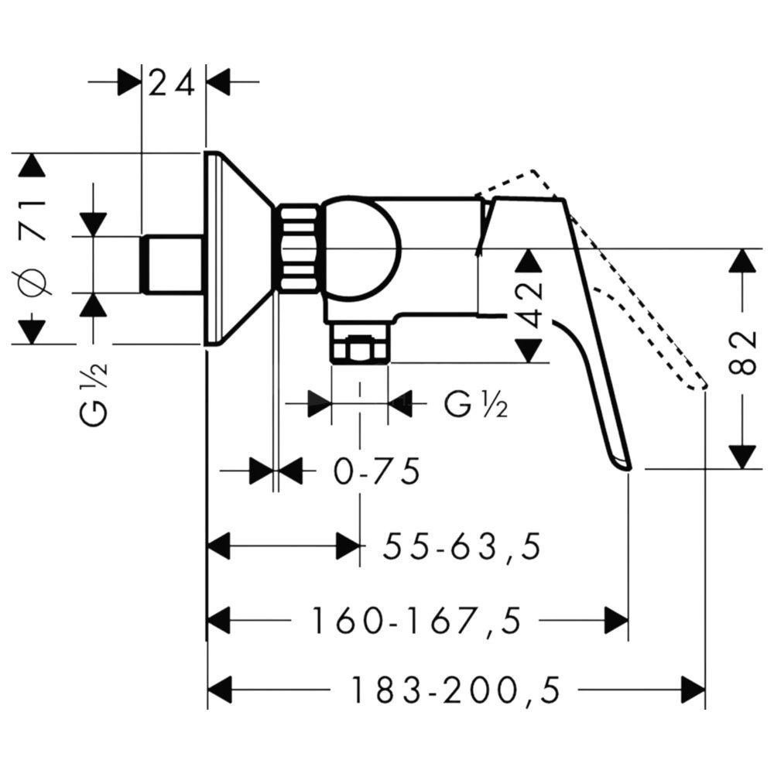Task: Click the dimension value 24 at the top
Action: [171, 82]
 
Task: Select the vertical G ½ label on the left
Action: [93, 395]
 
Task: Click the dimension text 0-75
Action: [377, 471]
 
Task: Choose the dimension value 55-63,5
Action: [462, 546]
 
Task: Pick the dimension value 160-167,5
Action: [416, 621]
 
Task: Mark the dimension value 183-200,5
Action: [455, 690]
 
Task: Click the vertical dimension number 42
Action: [531, 305]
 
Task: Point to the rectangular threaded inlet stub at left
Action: [173, 265]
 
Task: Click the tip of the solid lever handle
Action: [628, 468]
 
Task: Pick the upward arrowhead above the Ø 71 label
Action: [32, 166]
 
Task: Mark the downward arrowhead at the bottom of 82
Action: [742, 457]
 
